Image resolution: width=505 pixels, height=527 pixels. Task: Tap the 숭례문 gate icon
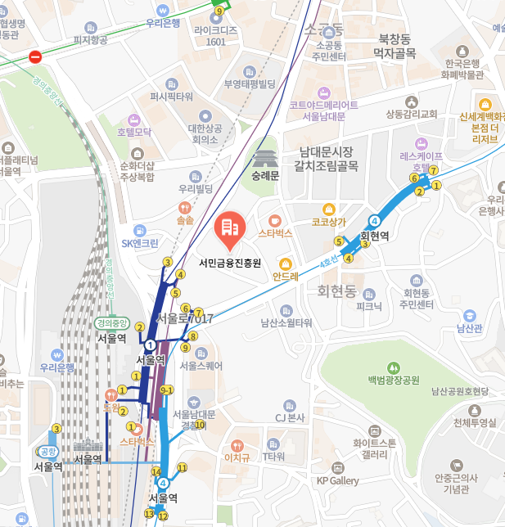(x=265, y=158)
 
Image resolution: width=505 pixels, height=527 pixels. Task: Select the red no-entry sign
(x=34, y=56)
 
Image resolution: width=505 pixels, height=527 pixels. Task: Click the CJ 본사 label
(x=290, y=418)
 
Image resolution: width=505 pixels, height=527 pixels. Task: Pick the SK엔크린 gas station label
(x=140, y=243)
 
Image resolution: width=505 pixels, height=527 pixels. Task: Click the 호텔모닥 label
(x=134, y=131)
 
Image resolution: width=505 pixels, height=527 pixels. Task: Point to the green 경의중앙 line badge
(x=112, y=322)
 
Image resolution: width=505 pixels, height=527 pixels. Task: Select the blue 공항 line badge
(x=47, y=451)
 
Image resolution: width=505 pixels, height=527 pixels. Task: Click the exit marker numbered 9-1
(x=167, y=390)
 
